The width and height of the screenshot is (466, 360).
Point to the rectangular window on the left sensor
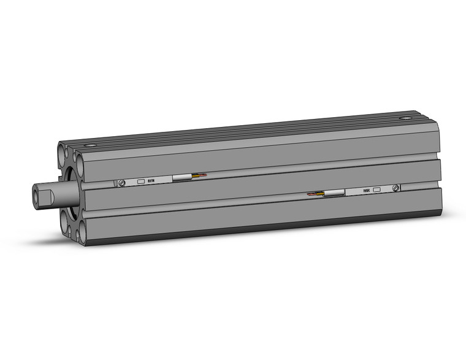click(x=140, y=182)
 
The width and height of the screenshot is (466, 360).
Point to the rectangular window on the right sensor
click(x=376, y=190)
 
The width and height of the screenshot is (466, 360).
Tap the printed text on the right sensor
click(x=365, y=191)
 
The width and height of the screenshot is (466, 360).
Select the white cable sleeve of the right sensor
click(x=334, y=194)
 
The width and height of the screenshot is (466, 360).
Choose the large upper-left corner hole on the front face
click(x=63, y=149)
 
